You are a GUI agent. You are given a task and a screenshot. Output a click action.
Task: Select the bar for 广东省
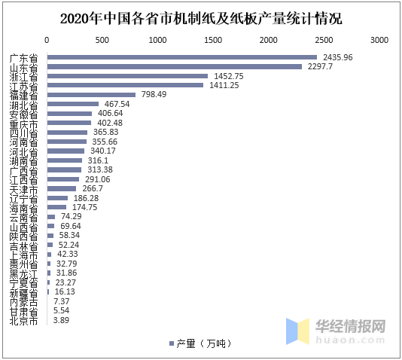coord(181,57)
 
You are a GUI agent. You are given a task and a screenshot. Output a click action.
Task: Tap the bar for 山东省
coord(174,66)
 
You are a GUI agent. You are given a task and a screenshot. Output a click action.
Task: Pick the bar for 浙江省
coord(127,76)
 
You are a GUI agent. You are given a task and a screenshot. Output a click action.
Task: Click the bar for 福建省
coord(91,95)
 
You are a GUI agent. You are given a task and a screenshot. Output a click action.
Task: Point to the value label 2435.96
coord(338,57)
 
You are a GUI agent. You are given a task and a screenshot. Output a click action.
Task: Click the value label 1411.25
coord(225,85)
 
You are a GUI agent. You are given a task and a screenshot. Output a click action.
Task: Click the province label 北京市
coord(23,320)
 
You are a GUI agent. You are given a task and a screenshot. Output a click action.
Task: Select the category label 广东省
coord(23,57)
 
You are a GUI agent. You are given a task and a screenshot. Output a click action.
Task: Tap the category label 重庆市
coord(23,123)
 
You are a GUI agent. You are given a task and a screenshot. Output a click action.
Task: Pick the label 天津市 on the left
coord(23,188)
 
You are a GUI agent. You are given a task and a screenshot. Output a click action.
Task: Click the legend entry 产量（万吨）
coord(199,343)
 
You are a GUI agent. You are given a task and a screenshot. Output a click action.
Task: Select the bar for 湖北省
coord(73,104)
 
